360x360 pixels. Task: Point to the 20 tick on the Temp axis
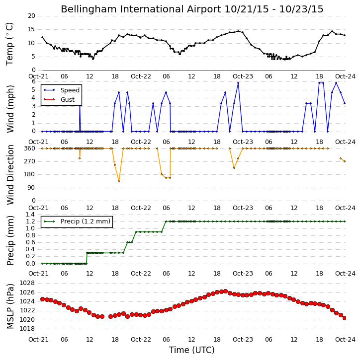pyautogui.click(x=31, y=16)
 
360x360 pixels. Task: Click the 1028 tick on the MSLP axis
pyautogui.click(x=27, y=283)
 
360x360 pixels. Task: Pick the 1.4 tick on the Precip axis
pyautogui.click(x=30, y=215)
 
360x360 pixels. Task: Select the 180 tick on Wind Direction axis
pyautogui.click(x=30, y=174)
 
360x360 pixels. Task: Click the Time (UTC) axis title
pyautogui.click(x=192, y=350)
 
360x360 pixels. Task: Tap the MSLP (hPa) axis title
pyautogui.click(x=10, y=306)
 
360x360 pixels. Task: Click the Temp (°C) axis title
pyautogui.click(x=9, y=44)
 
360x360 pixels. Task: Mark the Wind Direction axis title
pyautogui.click(x=10, y=175)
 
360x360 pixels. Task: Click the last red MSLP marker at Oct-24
pyautogui.click(x=345, y=318)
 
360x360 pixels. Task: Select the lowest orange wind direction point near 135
pyautogui.click(x=119, y=181)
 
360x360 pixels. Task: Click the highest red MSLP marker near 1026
pyautogui.click(x=225, y=291)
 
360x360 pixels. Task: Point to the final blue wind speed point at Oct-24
pyautogui.click(x=345, y=103)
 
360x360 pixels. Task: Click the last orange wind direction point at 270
pyautogui.click(x=345, y=161)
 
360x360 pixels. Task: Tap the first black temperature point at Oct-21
pyautogui.click(x=42, y=37)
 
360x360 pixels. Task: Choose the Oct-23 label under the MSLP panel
pyautogui.click(x=243, y=339)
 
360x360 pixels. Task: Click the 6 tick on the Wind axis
pyautogui.click(x=34, y=81)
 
